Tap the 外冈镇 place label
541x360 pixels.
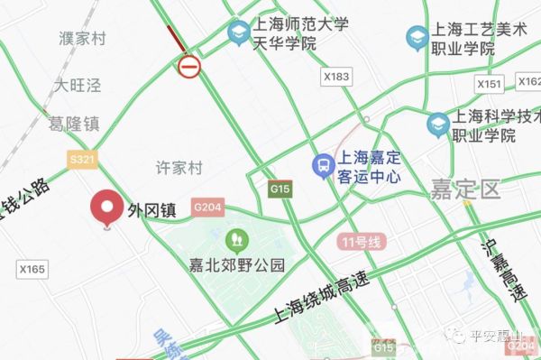coord(151,210)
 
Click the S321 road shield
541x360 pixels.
coord(82,159)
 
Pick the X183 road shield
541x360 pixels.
coord(335,78)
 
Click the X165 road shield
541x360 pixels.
coord(32,269)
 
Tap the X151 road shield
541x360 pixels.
coord(489,83)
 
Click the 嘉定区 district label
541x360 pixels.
coord(463,189)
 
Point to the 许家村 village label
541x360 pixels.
coord(180,169)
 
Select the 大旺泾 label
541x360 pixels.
coord(78,86)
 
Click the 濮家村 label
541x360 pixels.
coord(83,39)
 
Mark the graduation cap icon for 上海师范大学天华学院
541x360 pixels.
coord(239,34)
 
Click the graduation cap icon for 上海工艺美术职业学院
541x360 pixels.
coord(417,38)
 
